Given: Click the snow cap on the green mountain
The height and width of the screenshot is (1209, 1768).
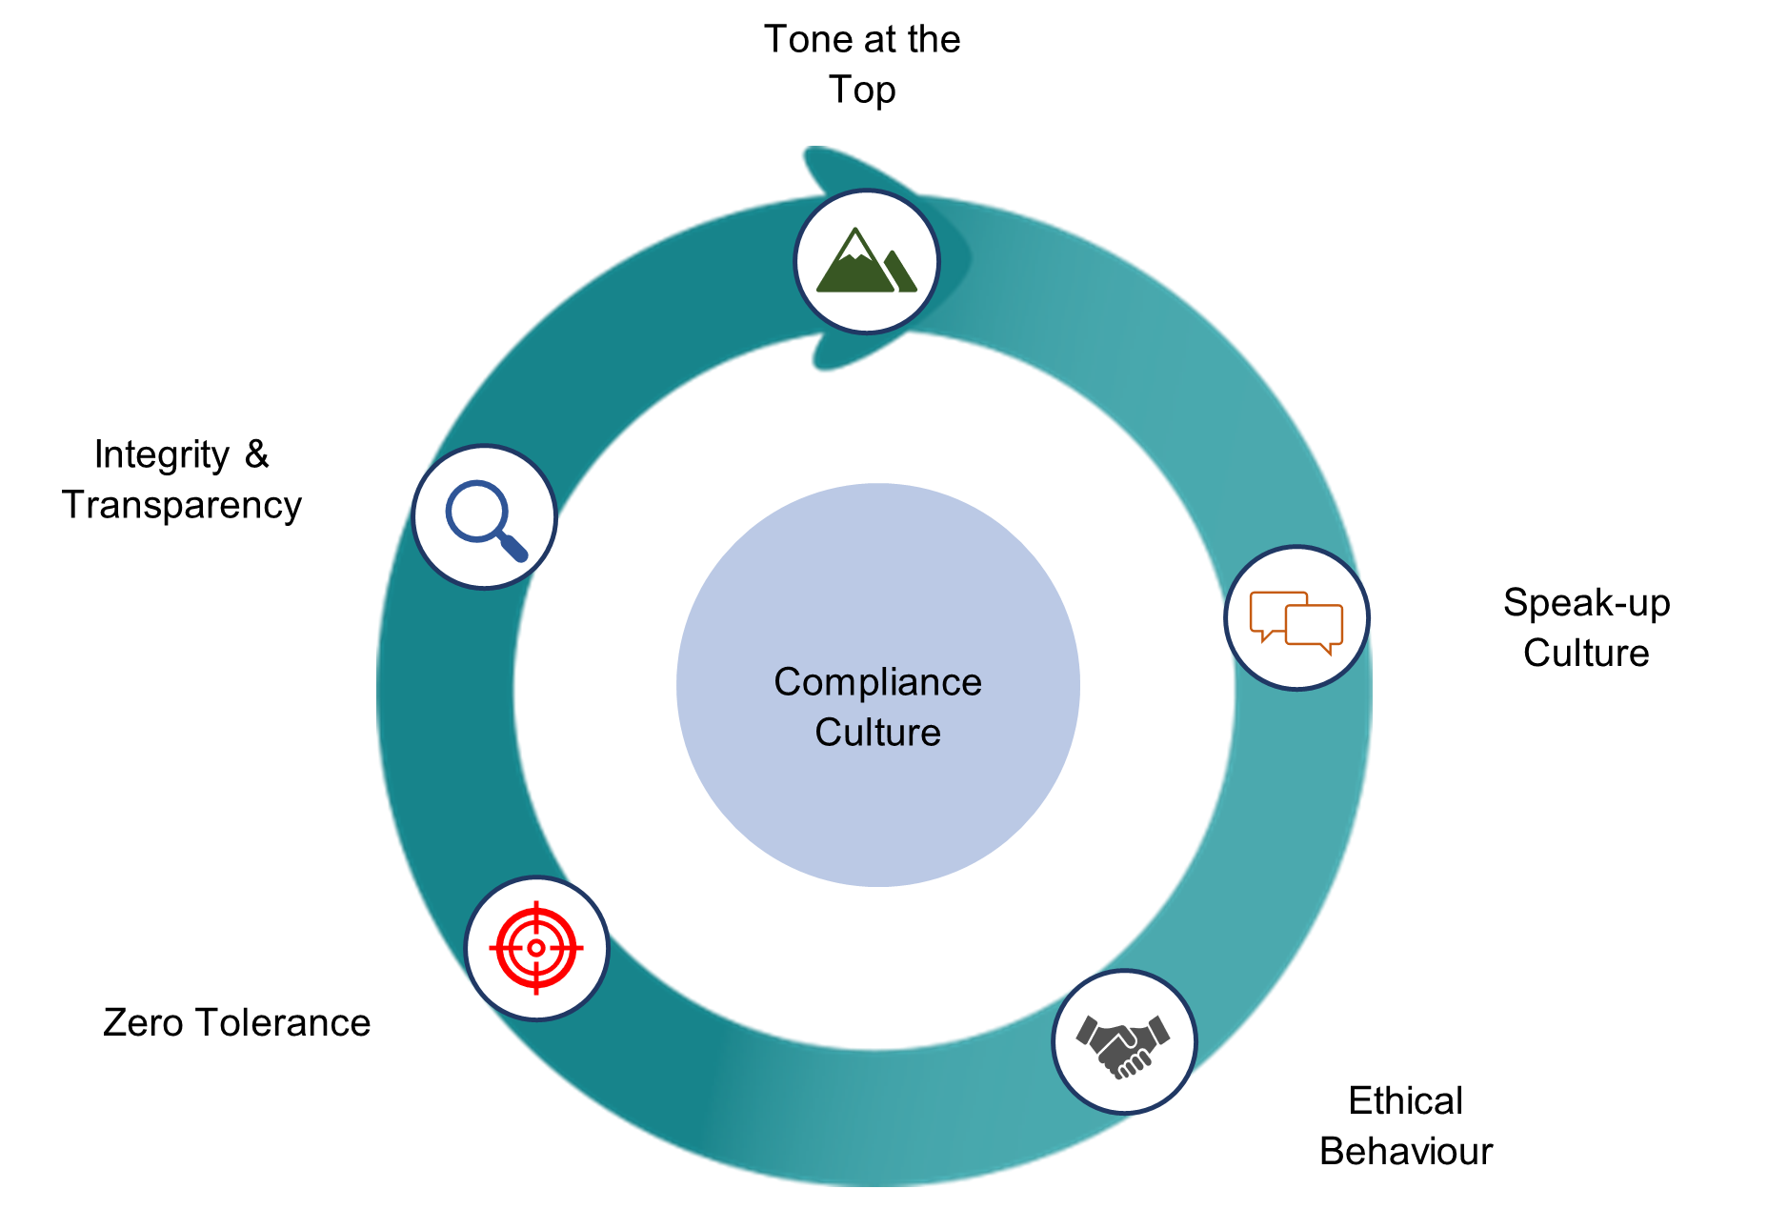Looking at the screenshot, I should [x=855, y=250].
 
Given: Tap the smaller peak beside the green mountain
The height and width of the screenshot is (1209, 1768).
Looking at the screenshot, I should [x=899, y=272].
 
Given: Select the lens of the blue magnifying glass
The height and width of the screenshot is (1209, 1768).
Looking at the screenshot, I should [x=475, y=512].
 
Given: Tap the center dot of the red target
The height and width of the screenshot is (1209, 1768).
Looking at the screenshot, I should [x=536, y=948].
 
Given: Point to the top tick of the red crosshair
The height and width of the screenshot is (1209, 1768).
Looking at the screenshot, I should [x=536, y=907].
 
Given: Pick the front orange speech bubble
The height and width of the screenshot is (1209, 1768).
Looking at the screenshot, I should [x=1315, y=626].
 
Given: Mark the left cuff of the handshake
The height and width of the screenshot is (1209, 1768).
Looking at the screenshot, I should [x=1087, y=1031].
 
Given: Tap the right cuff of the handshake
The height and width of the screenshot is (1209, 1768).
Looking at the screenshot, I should [x=1158, y=1031].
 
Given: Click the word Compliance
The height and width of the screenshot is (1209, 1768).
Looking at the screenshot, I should [x=877, y=683].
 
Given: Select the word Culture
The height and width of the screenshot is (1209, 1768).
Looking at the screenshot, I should [x=877, y=733].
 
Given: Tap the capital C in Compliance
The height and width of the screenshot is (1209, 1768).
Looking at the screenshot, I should [x=788, y=683].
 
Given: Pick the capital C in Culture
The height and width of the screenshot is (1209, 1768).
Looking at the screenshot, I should [x=828, y=733].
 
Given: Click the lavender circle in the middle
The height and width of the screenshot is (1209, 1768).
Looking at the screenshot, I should [x=877, y=810].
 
